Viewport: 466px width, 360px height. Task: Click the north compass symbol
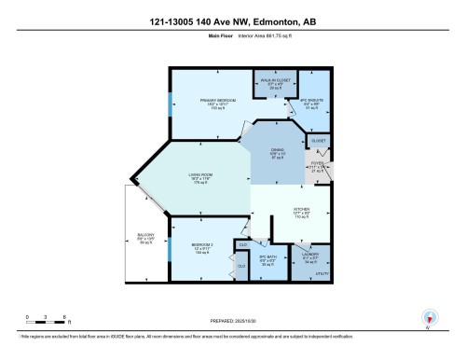click(x=429, y=317)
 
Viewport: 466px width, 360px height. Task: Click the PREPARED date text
click(x=233, y=320)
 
